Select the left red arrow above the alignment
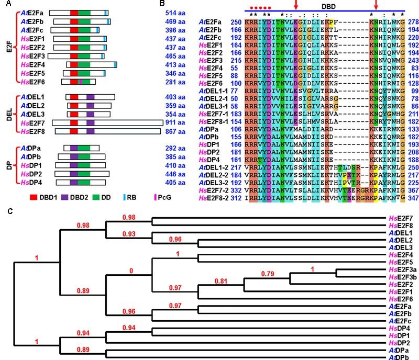click(x=296, y=5)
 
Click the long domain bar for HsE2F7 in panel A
click(x=107, y=122)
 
